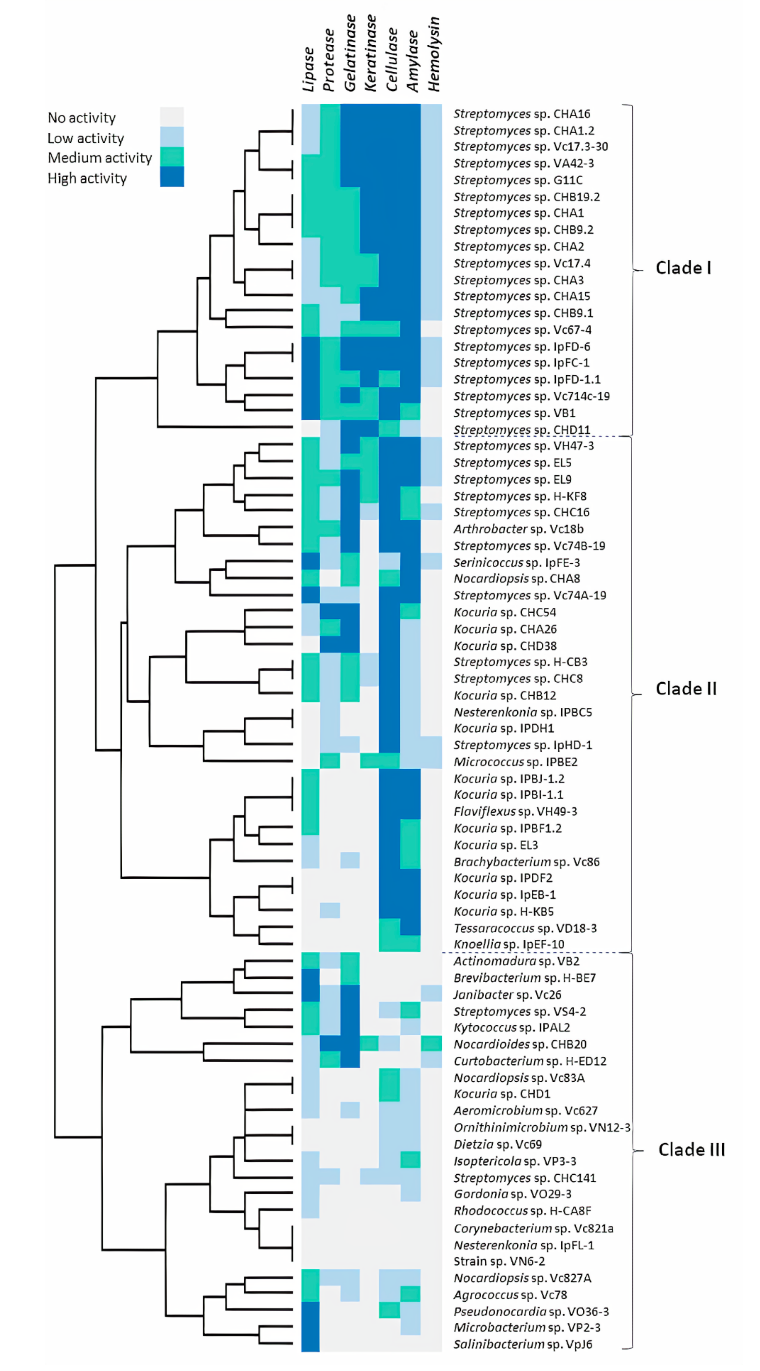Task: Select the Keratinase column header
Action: click(371, 53)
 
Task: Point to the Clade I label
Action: click(683, 268)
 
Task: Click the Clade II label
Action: click(686, 689)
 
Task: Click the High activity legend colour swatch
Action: click(172, 177)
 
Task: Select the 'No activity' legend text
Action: click(81, 118)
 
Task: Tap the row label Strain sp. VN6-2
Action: click(499, 1261)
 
